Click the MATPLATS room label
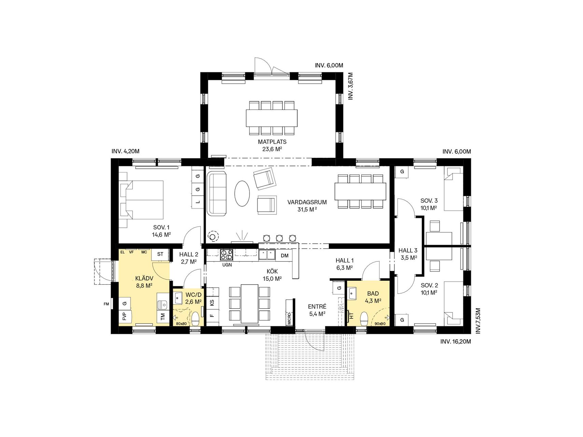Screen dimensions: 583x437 272,142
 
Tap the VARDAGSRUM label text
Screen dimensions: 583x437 307,202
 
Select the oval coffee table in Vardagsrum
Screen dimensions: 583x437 242,193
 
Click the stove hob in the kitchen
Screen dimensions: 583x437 226,255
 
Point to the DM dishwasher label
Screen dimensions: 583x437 284,255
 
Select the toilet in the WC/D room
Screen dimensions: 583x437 195,319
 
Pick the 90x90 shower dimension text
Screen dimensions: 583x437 380,323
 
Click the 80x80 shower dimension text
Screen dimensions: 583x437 181,323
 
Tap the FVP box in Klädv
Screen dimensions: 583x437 125,316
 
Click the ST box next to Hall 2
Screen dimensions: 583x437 161,254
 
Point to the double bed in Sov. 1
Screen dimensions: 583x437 141,199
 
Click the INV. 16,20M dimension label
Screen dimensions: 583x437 456,341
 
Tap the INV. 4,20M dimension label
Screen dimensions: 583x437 125,151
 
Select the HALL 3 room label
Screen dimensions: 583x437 408,251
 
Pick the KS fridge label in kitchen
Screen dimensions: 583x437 212,302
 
